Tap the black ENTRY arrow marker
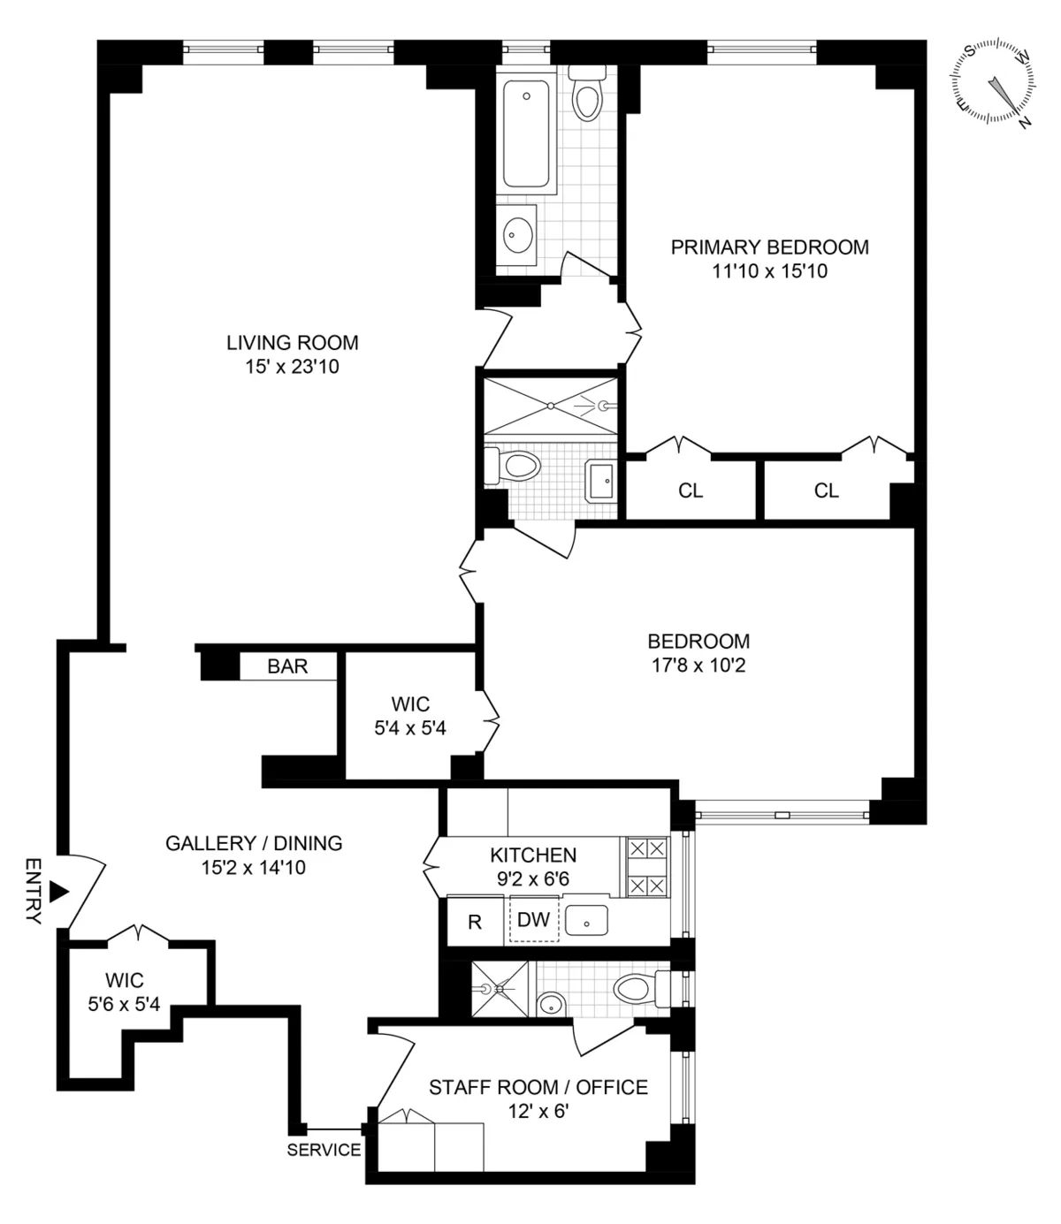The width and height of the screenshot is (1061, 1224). point(58,891)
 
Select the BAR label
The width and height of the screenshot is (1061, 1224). point(287,666)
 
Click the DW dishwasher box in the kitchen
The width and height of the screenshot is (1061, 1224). point(533,920)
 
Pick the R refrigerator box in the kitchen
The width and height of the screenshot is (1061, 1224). point(475,922)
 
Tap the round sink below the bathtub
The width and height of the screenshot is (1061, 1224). point(518,235)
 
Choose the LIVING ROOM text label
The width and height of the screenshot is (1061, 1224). point(293,343)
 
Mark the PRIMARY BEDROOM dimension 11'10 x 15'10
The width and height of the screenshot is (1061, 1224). point(769,271)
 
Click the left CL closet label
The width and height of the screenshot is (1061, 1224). point(691,490)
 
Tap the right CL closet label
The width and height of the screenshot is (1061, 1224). point(827,490)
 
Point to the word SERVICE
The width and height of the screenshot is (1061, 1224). point(324,1150)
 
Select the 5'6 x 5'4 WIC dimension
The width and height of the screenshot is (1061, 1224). point(125,1004)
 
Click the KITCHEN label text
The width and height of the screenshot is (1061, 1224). point(533,855)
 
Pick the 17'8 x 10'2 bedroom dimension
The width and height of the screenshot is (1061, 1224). point(698,665)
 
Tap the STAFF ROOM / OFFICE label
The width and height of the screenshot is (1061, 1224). point(538,1087)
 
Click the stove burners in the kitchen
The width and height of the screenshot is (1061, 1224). point(647,867)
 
